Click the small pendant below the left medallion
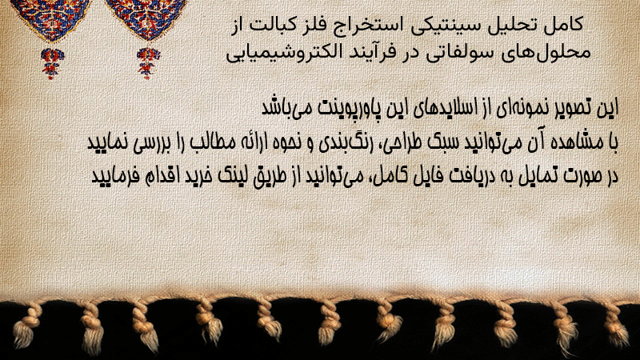[x=51, y=63]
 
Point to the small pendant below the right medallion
[x=147, y=63]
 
